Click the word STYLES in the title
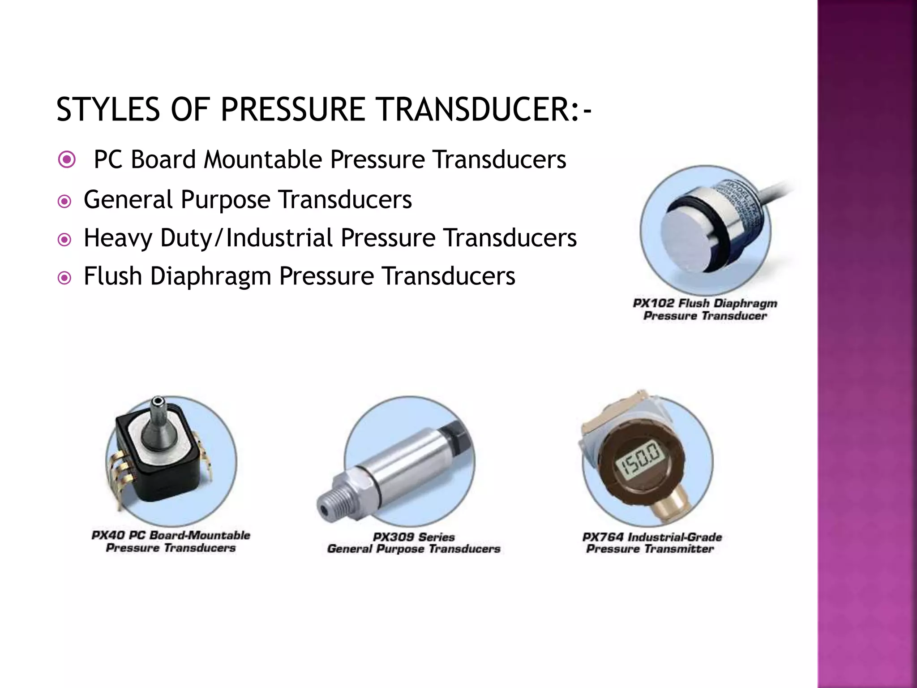[x=108, y=109]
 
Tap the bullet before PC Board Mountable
[x=67, y=159]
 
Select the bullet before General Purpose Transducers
[x=65, y=202]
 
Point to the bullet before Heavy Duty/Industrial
[x=65, y=240]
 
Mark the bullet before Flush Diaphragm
[x=65, y=278]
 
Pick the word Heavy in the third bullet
[x=118, y=238]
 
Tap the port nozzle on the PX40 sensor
[x=157, y=421]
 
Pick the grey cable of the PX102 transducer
[x=775, y=193]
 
